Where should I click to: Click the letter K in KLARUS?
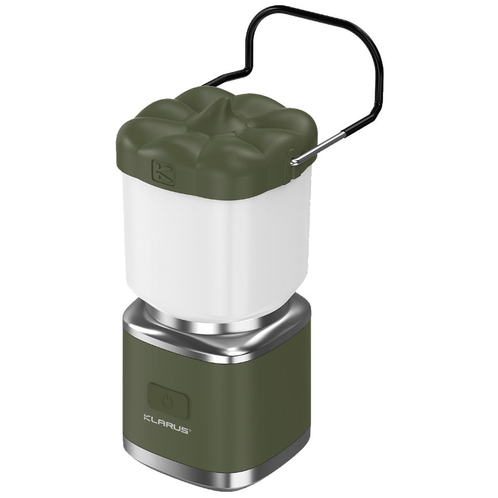(x=147, y=417)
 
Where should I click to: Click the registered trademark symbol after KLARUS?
(x=191, y=427)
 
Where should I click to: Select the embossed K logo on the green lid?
(x=163, y=172)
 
